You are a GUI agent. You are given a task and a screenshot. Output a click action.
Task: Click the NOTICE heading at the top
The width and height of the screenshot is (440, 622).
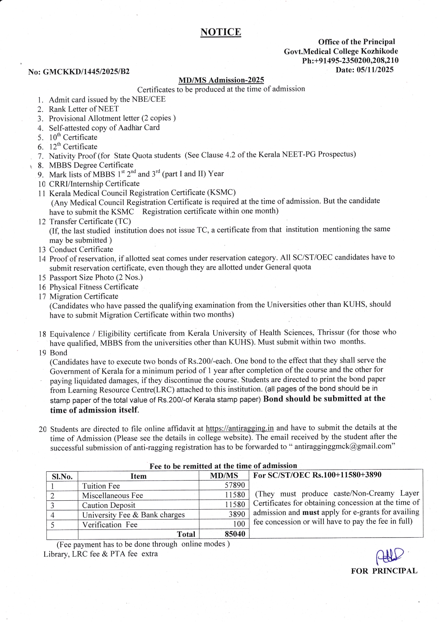(221, 32)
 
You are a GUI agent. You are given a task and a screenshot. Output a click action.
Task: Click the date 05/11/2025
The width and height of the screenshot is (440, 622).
(375, 70)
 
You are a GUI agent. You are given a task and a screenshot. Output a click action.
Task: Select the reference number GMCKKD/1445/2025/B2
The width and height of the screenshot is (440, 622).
(86, 72)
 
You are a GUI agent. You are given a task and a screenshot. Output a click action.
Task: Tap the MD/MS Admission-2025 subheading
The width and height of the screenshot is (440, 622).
(221, 80)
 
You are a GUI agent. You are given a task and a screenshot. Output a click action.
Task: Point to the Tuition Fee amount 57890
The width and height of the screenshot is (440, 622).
(235, 485)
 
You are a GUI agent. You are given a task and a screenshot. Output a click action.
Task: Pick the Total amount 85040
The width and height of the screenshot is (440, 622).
(235, 533)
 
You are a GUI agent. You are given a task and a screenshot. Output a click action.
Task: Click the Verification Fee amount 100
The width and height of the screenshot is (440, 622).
(239, 524)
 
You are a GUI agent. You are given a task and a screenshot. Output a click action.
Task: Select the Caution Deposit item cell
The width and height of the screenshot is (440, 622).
(109, 505)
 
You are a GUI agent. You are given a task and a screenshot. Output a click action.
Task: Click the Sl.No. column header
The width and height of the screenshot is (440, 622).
(62, 476)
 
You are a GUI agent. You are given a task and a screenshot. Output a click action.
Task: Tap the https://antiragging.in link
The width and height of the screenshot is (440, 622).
(240, 428)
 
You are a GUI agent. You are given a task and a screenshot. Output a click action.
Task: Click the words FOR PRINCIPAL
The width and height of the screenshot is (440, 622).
(384, 571)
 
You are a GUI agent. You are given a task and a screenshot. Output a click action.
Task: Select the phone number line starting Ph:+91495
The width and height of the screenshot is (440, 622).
(350, 60)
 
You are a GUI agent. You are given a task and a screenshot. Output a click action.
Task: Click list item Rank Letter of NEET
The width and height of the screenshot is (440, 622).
(84, 109)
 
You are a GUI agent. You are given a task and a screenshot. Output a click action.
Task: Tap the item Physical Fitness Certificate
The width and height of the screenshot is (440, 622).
(94, 287)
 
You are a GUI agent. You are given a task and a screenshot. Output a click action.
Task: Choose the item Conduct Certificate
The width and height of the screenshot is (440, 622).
(81, 249)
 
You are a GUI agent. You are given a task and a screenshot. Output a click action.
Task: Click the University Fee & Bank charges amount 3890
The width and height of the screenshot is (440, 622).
(237, 514)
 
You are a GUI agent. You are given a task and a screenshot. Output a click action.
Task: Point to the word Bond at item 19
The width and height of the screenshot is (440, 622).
(59, 352)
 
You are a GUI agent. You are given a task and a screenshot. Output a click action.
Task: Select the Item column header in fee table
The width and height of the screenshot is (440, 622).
(138, 476)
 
